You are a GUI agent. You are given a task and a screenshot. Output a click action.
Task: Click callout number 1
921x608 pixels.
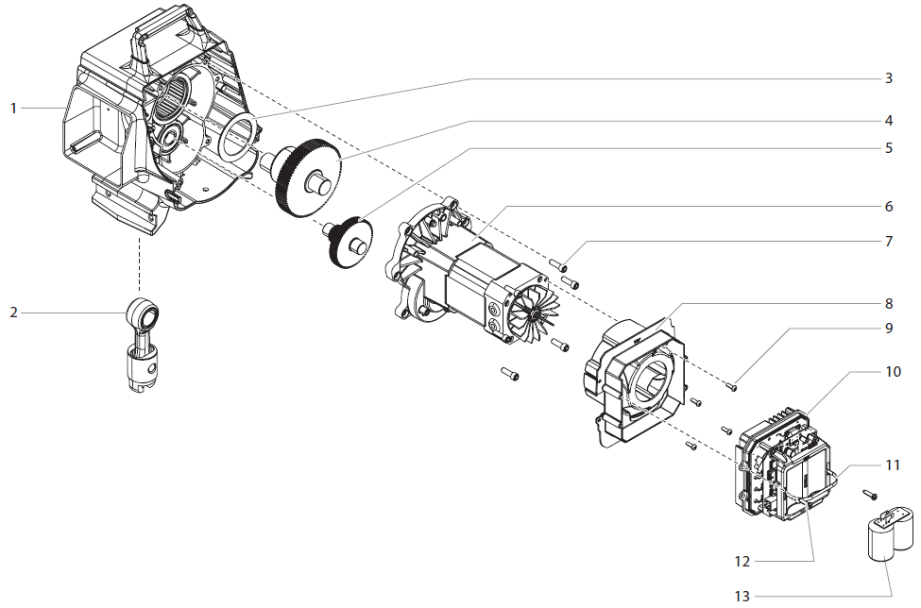(x=14, y=109)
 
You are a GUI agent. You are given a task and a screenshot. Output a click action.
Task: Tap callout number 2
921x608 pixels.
(x=14, y=312)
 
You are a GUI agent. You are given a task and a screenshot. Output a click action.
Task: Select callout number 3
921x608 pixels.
(x=888, y=78)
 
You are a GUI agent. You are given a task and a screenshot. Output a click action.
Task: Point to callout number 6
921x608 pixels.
(x=888, y=206)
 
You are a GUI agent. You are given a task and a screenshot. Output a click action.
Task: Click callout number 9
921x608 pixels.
(x=888, y=328)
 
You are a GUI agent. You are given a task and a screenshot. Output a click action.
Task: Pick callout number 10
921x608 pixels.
(x=892, y=372)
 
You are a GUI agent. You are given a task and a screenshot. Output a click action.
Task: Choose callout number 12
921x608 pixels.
(x=742, y=561)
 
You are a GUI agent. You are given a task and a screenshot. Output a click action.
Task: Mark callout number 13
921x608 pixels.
(x=742, y=596)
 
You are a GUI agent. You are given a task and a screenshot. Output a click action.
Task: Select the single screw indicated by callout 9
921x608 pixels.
(x=732, y=383)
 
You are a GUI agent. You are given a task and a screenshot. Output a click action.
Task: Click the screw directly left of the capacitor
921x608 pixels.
(x=869, y=494)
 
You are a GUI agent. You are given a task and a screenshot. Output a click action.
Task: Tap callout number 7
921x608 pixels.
(x=888, y=241)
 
